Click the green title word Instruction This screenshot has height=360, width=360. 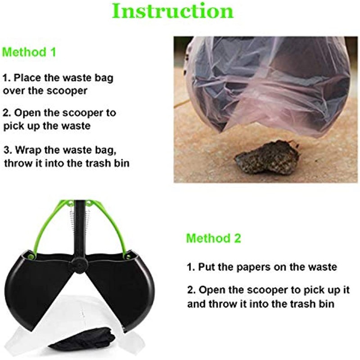(173, 11)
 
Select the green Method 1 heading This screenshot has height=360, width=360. (29, 52)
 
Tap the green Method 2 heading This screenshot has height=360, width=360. (213, 238)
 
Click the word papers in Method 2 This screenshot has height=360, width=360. (252, 267)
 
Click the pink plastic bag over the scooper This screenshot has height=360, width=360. (270, 85)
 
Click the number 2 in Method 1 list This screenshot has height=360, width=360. (6, 112)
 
